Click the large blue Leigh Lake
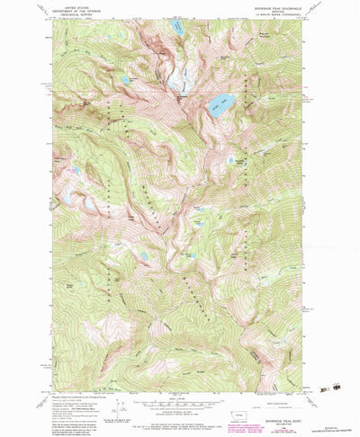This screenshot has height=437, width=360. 220,105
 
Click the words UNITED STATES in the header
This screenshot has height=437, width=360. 79,5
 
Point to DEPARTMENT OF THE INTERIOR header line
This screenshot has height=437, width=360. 79,10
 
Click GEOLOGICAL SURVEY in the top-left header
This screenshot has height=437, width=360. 79,14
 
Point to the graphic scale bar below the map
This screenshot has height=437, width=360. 180,380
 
